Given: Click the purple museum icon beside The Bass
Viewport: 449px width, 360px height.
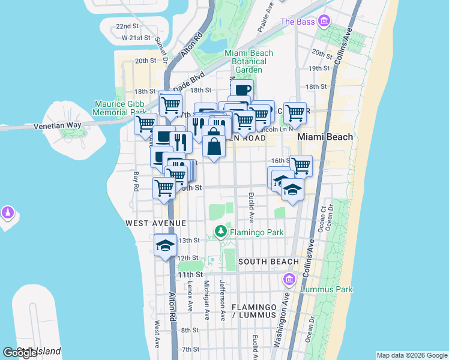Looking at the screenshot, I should click(x=325, y=22).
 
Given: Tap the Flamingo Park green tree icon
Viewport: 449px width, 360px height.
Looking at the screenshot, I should click(x=221, y=230).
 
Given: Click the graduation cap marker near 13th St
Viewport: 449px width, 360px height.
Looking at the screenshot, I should click(x=165, y=245).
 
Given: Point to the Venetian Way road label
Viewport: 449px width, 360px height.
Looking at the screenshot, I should click(x=58, y=125).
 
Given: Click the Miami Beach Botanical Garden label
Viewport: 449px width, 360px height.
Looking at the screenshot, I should click(x=249, y=61).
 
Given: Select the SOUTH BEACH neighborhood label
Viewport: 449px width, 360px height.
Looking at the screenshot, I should click(x=268, y=262).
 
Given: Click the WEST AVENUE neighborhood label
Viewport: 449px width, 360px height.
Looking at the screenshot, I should click(x=155, y=223).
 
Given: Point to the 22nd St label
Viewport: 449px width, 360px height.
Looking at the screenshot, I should click(x=127, y=26).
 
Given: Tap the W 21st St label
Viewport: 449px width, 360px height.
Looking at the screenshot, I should click(x=134, y=38).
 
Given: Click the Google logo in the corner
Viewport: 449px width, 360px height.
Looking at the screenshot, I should click(x=20, y=353).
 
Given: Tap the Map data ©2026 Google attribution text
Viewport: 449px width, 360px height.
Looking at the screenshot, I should click(x=411, y=355).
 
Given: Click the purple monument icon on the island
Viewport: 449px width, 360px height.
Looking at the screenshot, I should click(x=7, y=212).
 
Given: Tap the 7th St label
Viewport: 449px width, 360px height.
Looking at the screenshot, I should click(x=190, y=349).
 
